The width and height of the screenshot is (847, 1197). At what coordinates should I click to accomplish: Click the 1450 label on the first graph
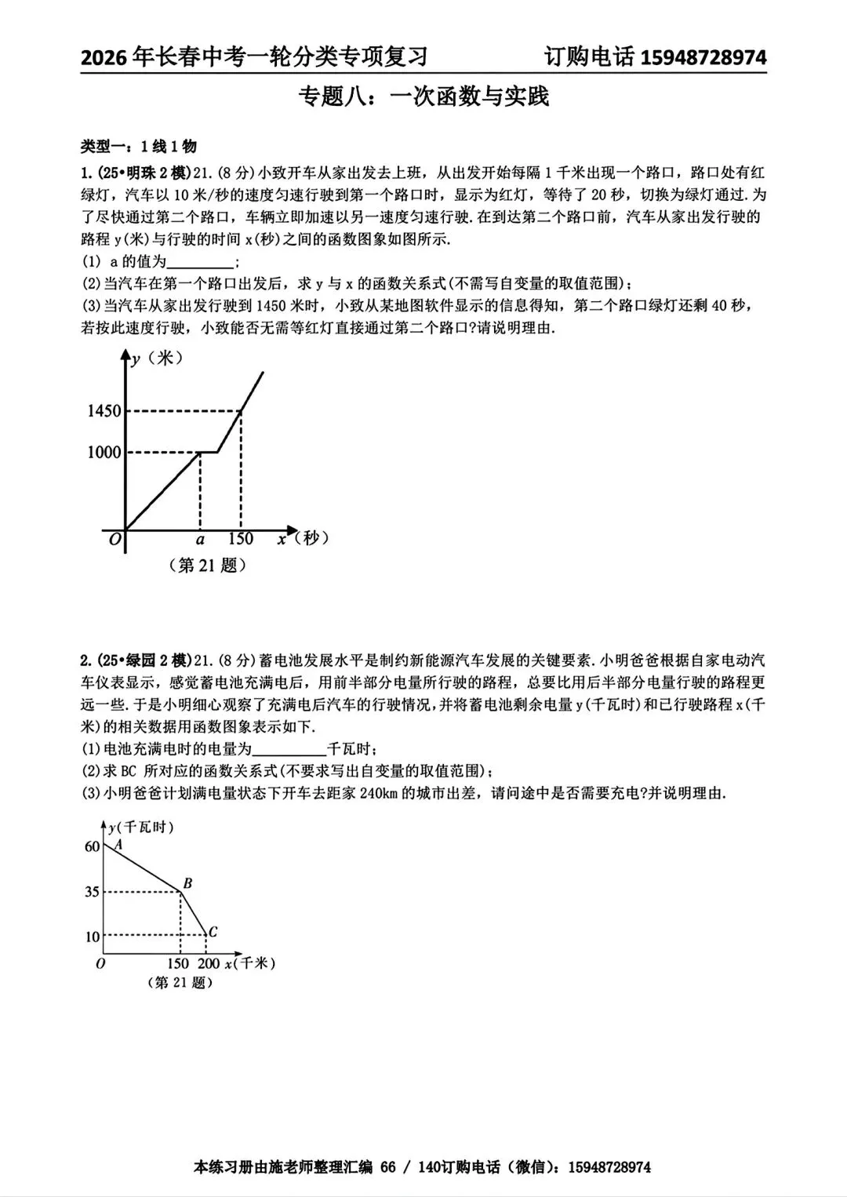[x=104, y=411]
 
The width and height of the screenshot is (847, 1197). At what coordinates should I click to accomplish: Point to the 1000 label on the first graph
[x=104, y=453]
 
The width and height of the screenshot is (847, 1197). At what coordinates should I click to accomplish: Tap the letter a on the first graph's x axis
[x=200, y=539]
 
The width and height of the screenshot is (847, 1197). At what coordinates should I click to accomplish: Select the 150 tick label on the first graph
[x=240, y=539]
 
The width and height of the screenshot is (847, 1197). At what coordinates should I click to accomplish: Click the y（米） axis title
[x=157, y=358]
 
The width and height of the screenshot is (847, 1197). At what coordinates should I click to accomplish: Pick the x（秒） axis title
[x=302, y=538]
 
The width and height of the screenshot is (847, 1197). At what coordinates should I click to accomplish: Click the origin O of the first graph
[x=115, y=540]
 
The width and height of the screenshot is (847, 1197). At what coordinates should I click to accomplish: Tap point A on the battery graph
[x=118, y=845]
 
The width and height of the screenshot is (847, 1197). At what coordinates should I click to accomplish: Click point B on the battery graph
[x=187, y=884]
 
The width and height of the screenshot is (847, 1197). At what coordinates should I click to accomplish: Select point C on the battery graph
[x=212, y=932]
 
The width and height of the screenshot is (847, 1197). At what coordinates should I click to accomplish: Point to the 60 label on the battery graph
[x=92, y=846]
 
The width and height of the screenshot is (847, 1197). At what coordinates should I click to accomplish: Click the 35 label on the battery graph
[x=92, y=892]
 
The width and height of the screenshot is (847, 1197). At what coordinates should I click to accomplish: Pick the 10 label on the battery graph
[x=92, y=937]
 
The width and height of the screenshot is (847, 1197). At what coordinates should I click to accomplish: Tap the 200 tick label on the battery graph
[x=209, y=963]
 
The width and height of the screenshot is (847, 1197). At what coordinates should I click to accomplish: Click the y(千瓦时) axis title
[x=141, y=828]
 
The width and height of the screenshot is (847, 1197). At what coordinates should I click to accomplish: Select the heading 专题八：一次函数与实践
[x=423, y=96]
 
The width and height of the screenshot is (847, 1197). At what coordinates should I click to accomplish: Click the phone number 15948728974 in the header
[x=703, y=57]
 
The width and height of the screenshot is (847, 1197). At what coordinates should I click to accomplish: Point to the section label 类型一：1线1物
[x=139, y=147]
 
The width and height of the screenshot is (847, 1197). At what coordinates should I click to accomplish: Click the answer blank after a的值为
[x=201, y=262]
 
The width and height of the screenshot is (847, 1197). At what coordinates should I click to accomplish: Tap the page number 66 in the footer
[x=388, y=1167]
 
